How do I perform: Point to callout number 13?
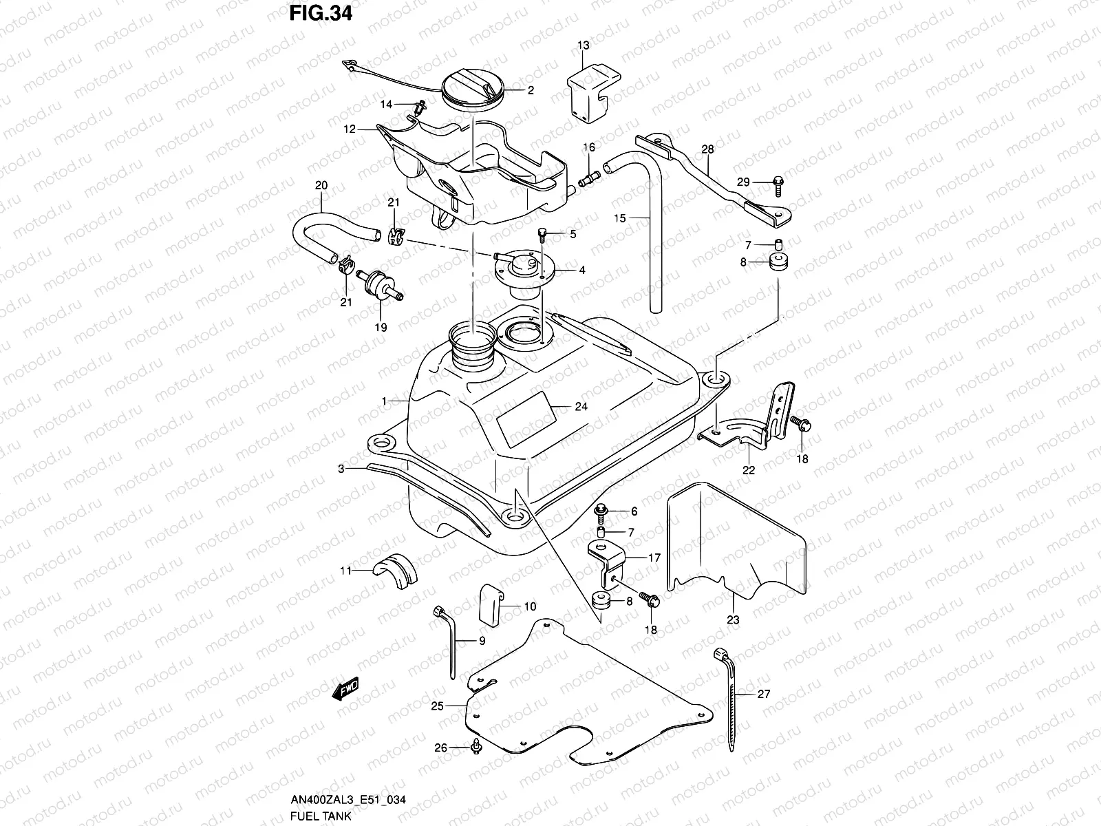583,45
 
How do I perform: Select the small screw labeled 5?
542,236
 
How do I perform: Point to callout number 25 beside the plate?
438,706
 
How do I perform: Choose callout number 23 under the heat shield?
733,620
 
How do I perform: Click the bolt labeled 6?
601,511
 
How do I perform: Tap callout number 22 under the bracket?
749,471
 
